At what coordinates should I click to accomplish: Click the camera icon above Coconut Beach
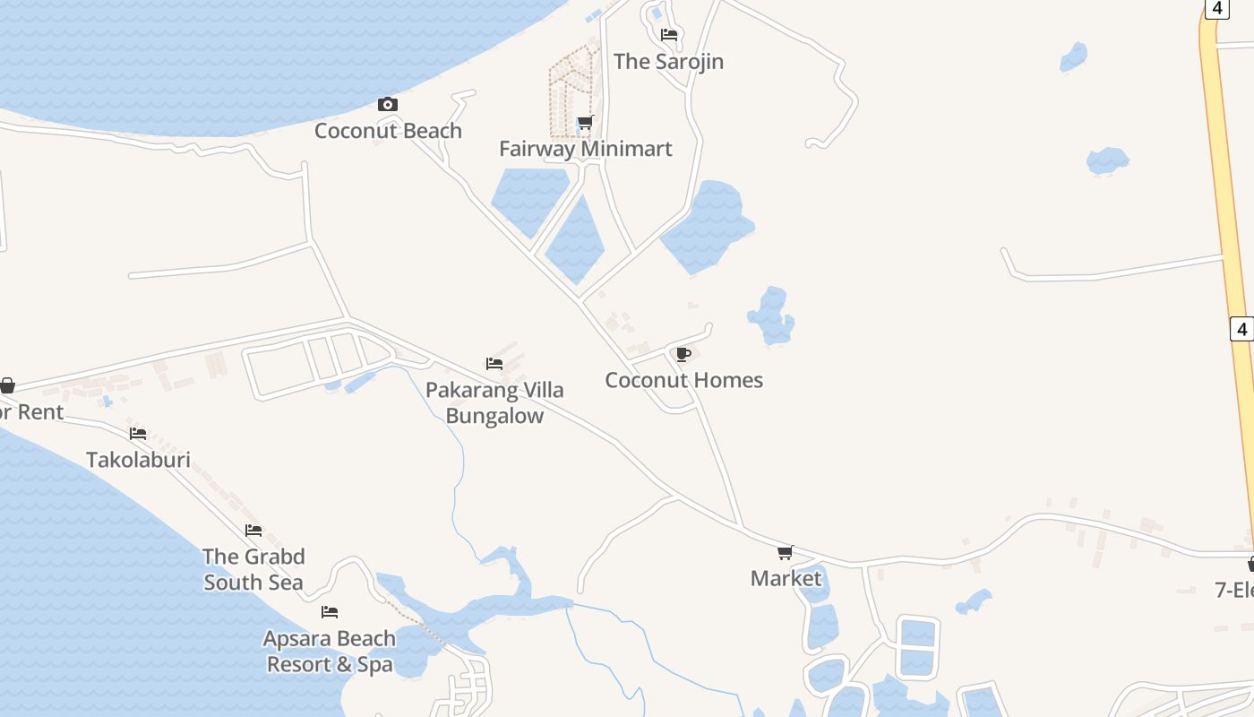[x=387, y=105]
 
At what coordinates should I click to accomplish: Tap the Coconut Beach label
[x=388, y=131]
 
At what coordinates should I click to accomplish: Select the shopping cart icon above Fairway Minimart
[x=585, y=122]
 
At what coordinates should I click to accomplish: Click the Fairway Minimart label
[x=585, y=149]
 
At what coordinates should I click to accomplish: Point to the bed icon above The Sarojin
[x=669, y=35]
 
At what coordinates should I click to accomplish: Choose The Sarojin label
[x=668, y=62]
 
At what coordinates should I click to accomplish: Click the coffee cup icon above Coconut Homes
[x=683, y=354]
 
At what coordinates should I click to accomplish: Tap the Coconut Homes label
[x=683, y=380]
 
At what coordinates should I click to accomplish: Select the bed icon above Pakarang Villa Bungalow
[x=494, y=364]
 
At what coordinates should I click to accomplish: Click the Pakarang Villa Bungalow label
[x=494, y=403]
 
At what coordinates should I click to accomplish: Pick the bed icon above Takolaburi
[x=138, y=434]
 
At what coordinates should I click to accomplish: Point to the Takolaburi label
[x=138, y=460]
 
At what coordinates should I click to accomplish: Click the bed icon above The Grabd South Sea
[x=253, y=531]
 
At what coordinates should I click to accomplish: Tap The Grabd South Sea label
[x=253, y=569]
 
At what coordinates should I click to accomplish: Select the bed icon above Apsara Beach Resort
[x=330, y=612]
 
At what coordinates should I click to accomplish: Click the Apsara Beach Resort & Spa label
[x=330, y=652]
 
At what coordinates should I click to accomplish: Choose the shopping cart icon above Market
[x=786, y=552]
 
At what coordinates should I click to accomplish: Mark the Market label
[x=786, y=579]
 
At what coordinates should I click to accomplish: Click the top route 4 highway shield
[x=1215, y=8]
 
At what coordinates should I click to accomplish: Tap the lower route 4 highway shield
[x=1241, y=329]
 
